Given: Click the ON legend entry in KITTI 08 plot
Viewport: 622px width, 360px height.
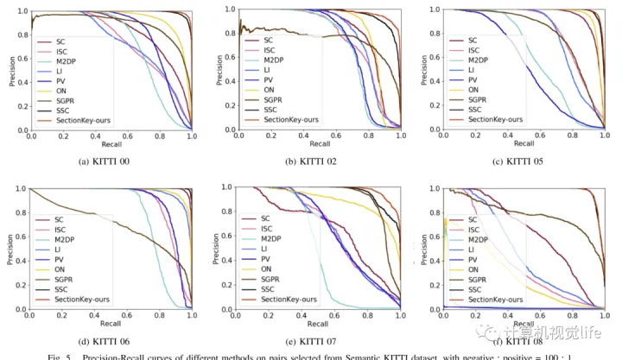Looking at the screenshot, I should (475, 268).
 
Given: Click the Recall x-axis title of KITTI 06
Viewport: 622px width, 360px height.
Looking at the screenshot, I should (110, 322).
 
